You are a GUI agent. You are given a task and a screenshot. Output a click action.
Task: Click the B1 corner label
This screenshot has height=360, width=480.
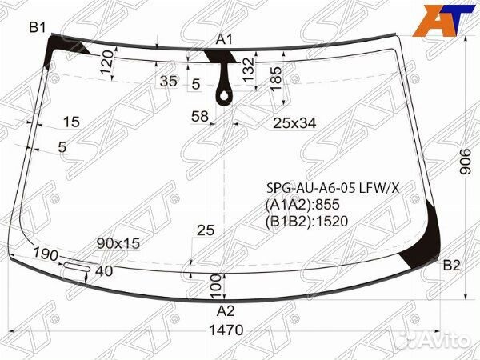coord(38,27)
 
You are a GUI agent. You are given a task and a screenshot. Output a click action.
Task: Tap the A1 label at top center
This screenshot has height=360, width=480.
coord(224,39)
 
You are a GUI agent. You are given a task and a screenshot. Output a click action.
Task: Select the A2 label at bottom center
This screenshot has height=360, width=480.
coord(226,311)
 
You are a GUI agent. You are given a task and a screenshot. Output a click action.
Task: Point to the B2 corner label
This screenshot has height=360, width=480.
coord(451,266)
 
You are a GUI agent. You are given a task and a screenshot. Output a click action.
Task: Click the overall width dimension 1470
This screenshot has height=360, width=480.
coord(226,330)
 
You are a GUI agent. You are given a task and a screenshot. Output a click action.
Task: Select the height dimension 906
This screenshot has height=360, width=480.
coord(466,162)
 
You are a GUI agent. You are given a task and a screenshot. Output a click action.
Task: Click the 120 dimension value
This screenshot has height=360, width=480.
coord(106,62)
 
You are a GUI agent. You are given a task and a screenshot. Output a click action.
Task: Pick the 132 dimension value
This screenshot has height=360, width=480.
coord(249,70)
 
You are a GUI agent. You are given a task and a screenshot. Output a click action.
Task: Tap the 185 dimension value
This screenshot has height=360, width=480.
coord(275,79)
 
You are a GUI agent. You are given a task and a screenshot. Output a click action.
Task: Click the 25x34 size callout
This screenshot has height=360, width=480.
coord(294,123)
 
